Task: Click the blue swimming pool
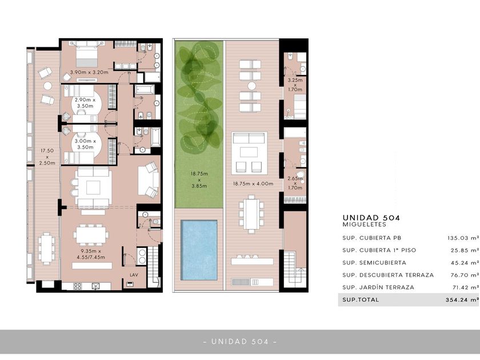tap(199, 250)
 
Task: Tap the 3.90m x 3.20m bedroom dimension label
tap(89, 72)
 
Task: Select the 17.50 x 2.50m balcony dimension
tap(47, 157)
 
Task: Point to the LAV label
tap(134, 275)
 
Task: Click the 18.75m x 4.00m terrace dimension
tap(253, 183)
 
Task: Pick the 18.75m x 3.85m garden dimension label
tap(199, 179)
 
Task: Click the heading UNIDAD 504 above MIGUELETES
tap(371, 218)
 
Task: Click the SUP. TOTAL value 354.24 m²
tap(462, 299)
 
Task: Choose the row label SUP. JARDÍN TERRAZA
tap(378, 287)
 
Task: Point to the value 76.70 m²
tap(465, 275)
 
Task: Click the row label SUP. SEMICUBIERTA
tap(374, 263)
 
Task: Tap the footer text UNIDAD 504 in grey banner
tap(240, 341)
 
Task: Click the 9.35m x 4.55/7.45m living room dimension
tap(91, 254)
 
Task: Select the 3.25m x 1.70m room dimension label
tap(295, 85)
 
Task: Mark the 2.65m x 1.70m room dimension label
tap(295, 183)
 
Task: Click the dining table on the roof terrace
tap(251, 214)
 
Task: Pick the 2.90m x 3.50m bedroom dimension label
tap(85, 103)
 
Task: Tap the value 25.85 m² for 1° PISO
tap(465, 250)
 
